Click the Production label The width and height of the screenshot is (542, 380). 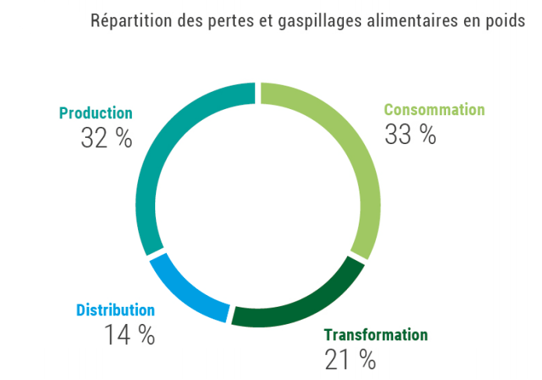(96, 114)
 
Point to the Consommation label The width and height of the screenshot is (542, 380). (434, 110)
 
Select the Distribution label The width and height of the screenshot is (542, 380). (115, 310)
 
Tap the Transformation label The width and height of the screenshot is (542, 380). (376, 335)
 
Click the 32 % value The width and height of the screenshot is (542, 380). (106, 138)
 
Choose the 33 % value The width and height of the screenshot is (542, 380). (410, 134)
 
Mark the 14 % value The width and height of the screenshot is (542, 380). (129, 335)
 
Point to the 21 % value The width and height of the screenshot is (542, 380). (350, 359)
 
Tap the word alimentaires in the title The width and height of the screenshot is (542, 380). (400, 20)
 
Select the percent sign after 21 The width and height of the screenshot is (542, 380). (367, 359)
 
